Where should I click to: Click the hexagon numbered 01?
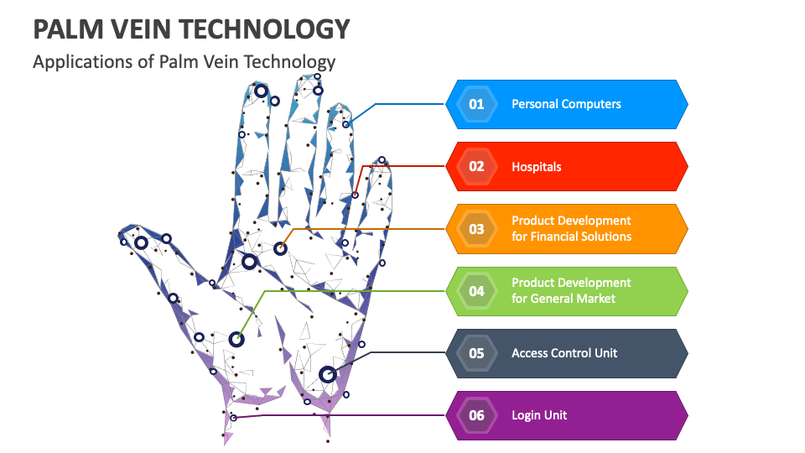tap(476, 104)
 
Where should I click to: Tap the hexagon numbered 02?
tap(476, 166)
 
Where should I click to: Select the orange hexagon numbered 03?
tap(476, 228)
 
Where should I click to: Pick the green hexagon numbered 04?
tap(476, 290)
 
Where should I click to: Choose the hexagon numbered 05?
tap(476, 353)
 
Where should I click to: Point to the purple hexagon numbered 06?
tap(476, 415)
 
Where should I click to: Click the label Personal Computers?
tap(566, 104)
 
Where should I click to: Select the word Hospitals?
tap(537, 166)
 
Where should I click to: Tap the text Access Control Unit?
tap(564, 353)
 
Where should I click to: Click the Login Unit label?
tap(539, 415)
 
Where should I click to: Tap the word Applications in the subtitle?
tap(78, 61)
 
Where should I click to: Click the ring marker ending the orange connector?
tap(280, 248)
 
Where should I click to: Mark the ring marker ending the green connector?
tap(236, 340)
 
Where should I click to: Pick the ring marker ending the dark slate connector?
tap(327, 374)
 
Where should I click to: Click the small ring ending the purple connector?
tap(233, 417)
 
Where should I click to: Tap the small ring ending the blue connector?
tap(346, 124)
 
